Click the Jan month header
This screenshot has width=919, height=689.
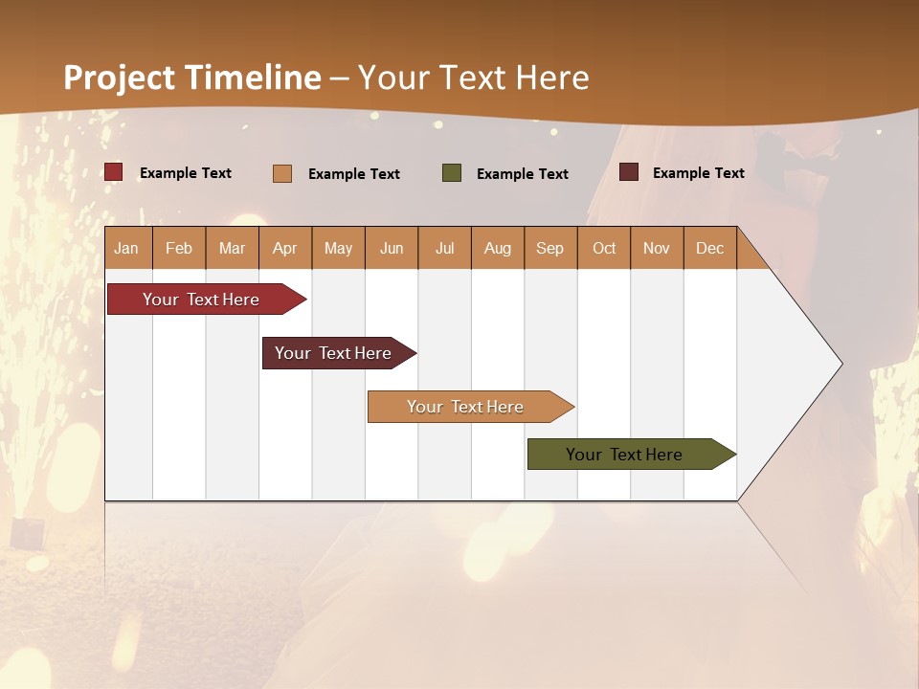click(127, 248)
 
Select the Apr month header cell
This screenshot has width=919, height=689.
click(285, 248)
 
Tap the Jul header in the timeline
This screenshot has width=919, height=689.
click(444, 248)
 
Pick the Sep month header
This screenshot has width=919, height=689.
click(550, 248)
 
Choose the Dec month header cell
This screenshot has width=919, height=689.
click(709, 248)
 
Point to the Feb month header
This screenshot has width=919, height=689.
click(179, 248)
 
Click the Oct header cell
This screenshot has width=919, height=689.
click(604, 248)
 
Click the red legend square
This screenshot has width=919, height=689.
click(113, 172)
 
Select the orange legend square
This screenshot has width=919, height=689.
click(282, 173)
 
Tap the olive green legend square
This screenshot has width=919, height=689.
click(452, 173)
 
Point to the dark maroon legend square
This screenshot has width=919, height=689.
click(629, 172)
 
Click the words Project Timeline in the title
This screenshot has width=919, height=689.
click(192, 78)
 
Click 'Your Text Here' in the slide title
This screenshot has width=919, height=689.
click(474, 78)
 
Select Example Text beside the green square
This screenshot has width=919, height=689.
click(523, 174)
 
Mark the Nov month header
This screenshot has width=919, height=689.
click(657, 248)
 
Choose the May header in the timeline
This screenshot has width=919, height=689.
click(338, 248)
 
